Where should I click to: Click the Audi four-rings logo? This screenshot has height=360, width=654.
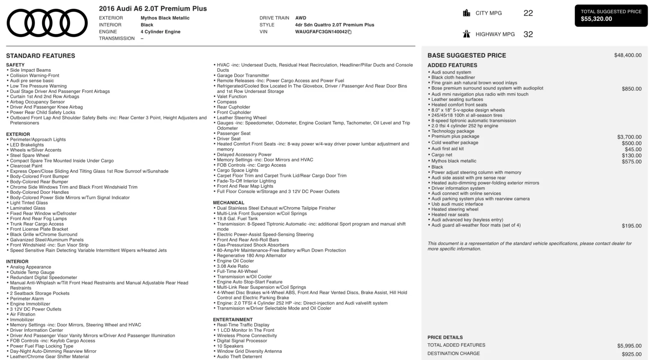(x=47, y=23)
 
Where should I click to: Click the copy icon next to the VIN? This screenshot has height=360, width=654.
(x=349, y=32)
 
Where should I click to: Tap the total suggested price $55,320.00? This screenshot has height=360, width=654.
(x=596, y=19)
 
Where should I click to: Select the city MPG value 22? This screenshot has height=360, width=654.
(x=528, y=13)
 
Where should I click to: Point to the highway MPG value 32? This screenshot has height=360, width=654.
(x=528, y=34)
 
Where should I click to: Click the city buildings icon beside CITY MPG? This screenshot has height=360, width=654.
(x=466, y=13)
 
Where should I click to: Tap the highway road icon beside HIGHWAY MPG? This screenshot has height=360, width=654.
(x=466, y=34)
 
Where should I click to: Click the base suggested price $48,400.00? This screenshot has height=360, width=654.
(x=627, y=55)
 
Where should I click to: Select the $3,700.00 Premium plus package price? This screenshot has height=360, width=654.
(x=629, y=137)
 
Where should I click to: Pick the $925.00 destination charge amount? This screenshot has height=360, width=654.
(x=632, y=354)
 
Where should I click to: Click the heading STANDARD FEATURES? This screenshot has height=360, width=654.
(x=40, y=56)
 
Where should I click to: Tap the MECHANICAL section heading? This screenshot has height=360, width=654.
(x=228, y=203)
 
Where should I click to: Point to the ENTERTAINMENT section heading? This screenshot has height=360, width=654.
(x=233, y=320)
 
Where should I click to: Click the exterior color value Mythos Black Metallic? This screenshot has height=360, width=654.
(x=165, y=18)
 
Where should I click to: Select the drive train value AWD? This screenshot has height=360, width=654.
(x=300, y=18)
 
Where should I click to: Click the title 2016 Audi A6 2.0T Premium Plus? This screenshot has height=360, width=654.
(x=153, y=9)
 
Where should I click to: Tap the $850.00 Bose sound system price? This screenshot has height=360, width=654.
(x=632, y=89)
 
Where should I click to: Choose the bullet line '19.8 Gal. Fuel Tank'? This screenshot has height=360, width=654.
(x=237, y=219)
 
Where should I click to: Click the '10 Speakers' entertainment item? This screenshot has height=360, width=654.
(x=230, y=346)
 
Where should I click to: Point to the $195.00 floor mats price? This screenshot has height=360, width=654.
(x=632, y=226)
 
